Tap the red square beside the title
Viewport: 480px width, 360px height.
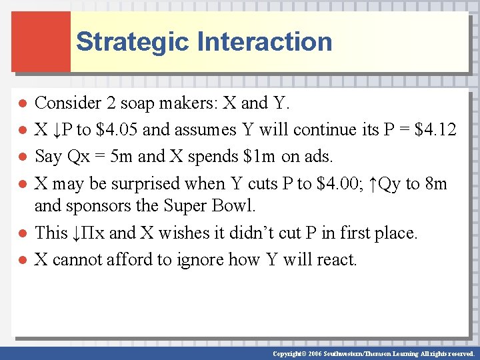click(41, 41)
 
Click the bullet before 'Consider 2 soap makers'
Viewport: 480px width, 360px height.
click(21, 104)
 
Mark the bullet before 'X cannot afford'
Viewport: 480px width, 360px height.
click(21, 260)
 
